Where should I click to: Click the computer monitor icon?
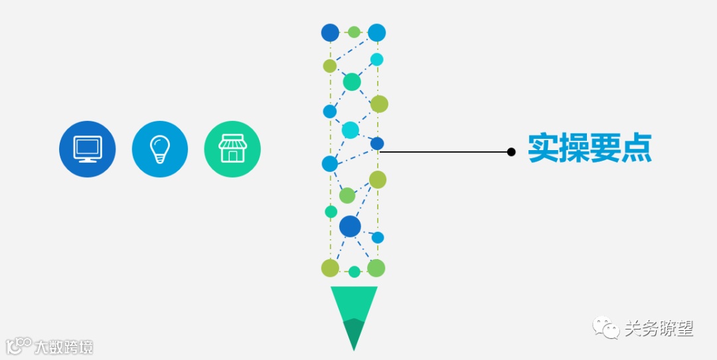point(87,149)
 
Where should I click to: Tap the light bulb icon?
point(159,149)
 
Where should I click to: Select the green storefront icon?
point(232,149)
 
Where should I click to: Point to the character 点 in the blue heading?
point(637,149)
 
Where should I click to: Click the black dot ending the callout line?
point(511,152)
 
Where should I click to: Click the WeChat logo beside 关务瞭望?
point(605,327)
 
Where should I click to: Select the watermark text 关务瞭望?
point(659,327)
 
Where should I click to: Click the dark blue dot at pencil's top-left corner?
point(330,32)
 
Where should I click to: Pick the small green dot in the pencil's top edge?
point(354,32)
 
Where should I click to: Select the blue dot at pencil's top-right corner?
point(377,32)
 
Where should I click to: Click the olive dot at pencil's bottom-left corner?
point(330,268)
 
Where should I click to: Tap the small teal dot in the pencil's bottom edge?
point(355,271)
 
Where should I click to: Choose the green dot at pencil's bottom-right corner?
point(376,268)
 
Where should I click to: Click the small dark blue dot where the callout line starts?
point(377,143)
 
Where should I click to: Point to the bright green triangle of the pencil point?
point(353,302)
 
